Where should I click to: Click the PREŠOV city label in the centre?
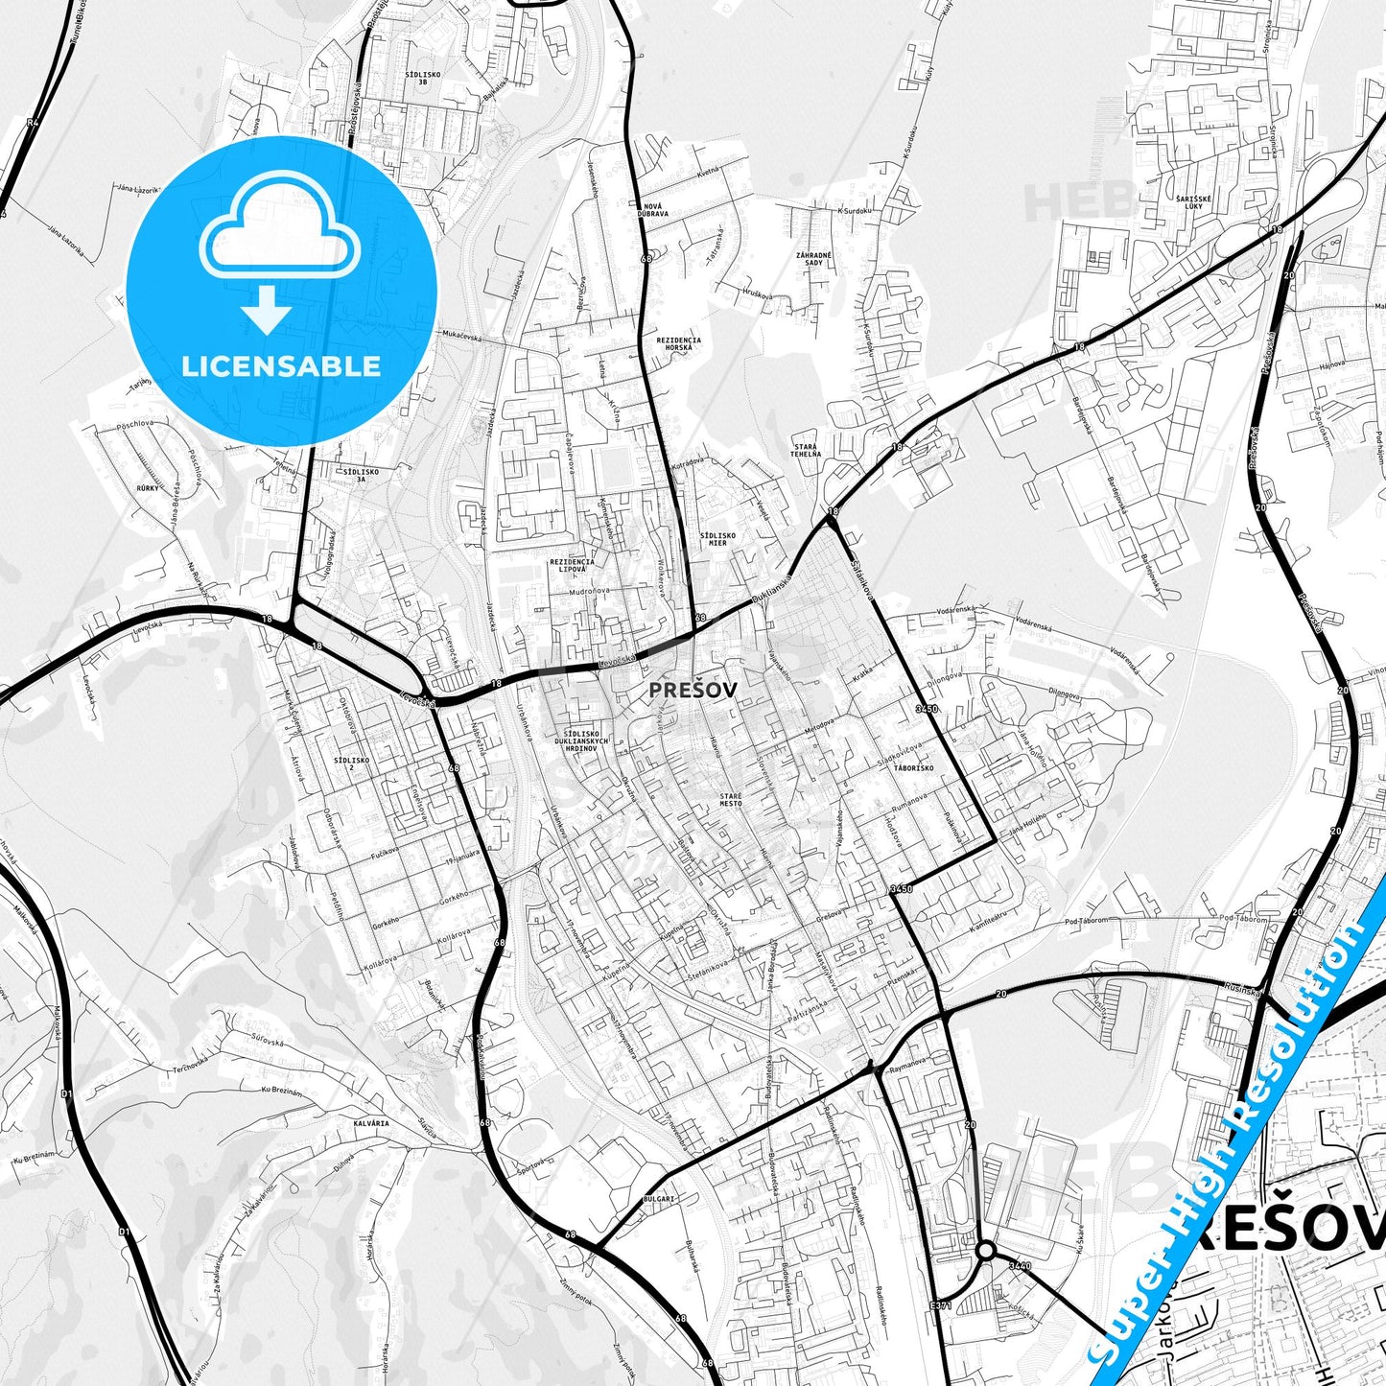[693, 689]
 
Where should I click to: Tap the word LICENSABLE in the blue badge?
[281, 365]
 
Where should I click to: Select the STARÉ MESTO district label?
[731, 799]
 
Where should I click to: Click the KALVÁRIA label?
[371, 1122]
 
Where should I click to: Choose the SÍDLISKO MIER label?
[717, 539]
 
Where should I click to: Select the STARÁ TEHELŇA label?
[807, 450]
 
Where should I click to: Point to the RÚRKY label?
[148, 488]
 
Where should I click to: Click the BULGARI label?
[659, 1199]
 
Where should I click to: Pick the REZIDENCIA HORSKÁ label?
[678, 343]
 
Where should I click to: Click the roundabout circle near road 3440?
[985, 1251]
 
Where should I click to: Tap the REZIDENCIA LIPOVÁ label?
[572, 566]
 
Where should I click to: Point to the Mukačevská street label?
[461, 334]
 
